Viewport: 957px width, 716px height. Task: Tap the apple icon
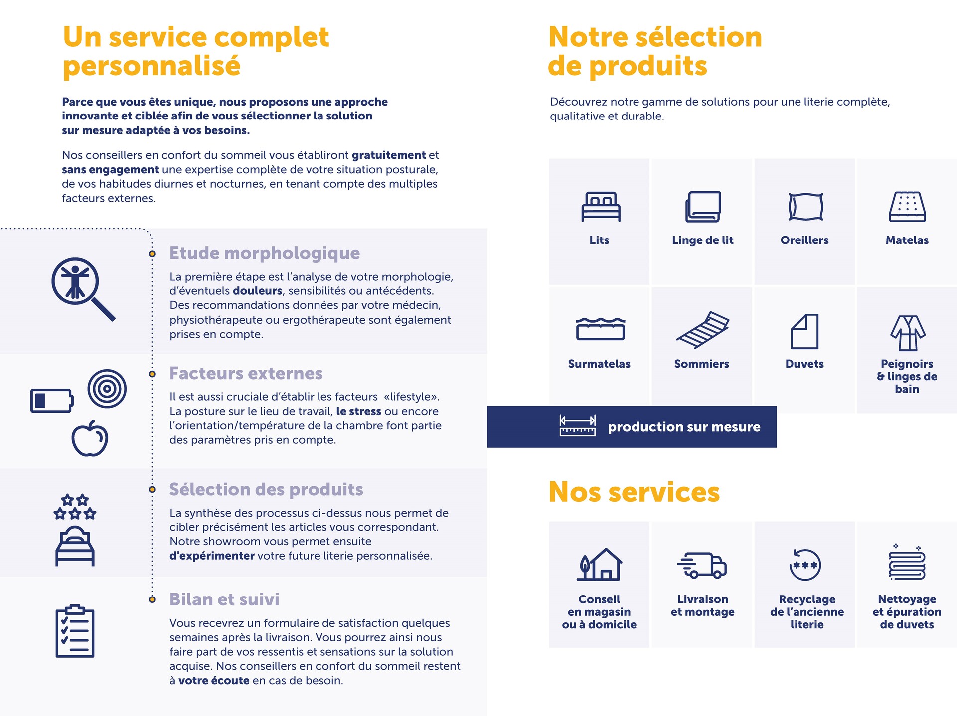point(90,438)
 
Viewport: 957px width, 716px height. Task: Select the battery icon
point(52,401)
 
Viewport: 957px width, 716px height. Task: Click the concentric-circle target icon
point(107,389)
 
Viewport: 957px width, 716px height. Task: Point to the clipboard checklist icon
point(75,631)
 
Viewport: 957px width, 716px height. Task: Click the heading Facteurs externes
point(246,373)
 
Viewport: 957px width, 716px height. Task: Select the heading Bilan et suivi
point(224,599)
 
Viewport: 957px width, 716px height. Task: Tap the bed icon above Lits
point(601,207)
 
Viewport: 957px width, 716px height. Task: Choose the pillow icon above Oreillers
point(805,207)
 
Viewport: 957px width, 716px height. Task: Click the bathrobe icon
point(908,333)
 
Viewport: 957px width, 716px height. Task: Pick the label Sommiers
point(701,364)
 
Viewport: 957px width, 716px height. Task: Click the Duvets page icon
point(804,331)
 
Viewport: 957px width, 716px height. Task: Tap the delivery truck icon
point(702,565)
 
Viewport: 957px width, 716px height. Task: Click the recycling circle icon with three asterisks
point(805,565)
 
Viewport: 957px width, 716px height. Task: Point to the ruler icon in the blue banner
point(577,426)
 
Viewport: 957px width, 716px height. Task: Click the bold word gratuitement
point(389,155)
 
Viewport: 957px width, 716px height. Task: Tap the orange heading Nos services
point(634,492)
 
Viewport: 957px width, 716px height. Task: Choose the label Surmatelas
point(599,364)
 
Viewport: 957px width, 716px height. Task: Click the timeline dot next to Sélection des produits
point(152,489)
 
